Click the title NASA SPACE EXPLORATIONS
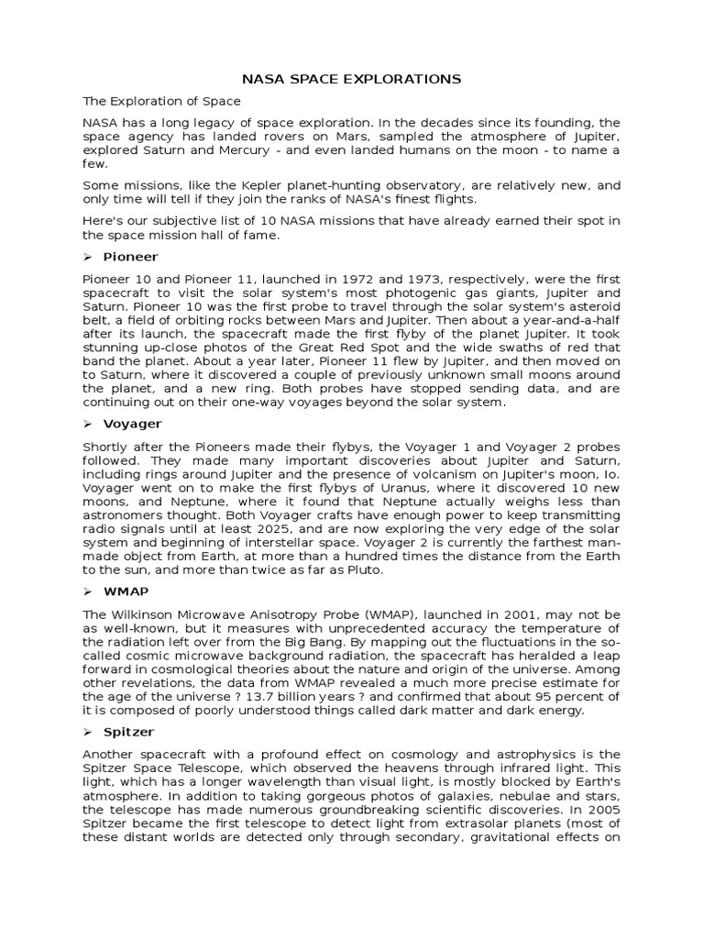click(x=351, y=80)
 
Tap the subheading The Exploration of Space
click(x=161, y=102)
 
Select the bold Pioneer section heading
click(x=130, y=257)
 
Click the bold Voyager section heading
click(x=132, y=424)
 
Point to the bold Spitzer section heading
click(x=128, y=732)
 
